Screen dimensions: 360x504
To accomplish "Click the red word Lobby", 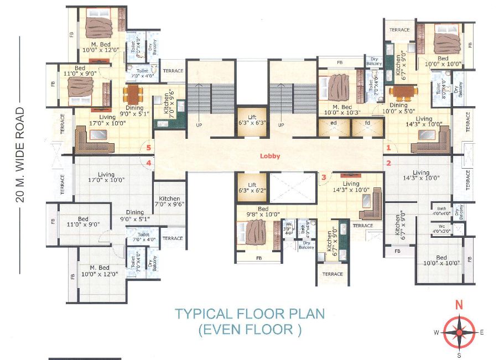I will (x=270, y=156).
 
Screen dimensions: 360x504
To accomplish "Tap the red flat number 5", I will (x=148, y=147).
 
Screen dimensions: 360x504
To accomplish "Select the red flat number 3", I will (x=324, y=177).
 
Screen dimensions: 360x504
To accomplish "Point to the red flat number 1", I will (x=389, y=148).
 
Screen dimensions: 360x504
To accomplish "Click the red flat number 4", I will (x=148, y=163).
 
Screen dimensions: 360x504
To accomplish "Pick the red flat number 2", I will (x=389, y=163).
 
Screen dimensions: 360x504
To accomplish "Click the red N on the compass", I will (x=458, y=305).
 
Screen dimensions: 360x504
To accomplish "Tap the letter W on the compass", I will (x=437, y=332).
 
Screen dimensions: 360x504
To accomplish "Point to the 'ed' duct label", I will (x=334, y=123).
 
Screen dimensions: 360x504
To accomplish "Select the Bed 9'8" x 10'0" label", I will (x=251, y=212).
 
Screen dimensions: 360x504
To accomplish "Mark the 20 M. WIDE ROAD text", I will (x=21, y=155).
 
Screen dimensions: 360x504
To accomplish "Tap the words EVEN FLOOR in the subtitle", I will (x=249, y=330).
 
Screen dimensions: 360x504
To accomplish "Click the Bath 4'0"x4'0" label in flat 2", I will (x=441, y=211).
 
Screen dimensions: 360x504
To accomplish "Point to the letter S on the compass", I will (x=458, y=355).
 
